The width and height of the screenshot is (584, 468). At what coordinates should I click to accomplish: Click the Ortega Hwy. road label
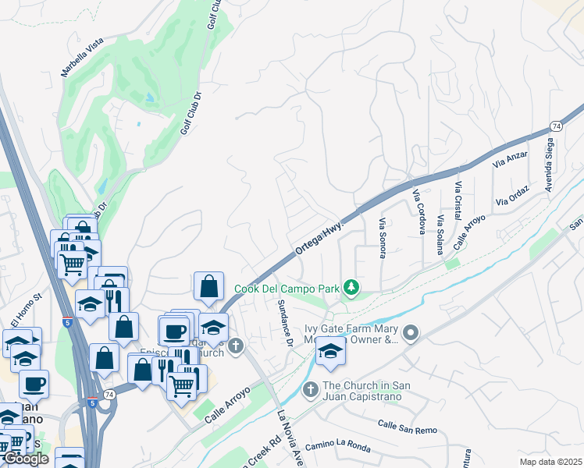[320, 235]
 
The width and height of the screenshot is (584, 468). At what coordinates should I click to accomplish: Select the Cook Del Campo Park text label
[287, 289]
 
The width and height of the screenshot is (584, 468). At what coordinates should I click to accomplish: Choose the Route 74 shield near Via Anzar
[556, 125]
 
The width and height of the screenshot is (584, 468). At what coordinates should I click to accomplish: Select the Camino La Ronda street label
[337, 445]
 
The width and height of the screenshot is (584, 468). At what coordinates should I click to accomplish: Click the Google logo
[26, 459]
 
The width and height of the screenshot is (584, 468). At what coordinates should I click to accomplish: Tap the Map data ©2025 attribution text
[550, 462]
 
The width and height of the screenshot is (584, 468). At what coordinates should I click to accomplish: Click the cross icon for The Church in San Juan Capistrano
[309, 388]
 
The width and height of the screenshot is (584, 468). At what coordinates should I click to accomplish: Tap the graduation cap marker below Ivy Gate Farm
[331, 352]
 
